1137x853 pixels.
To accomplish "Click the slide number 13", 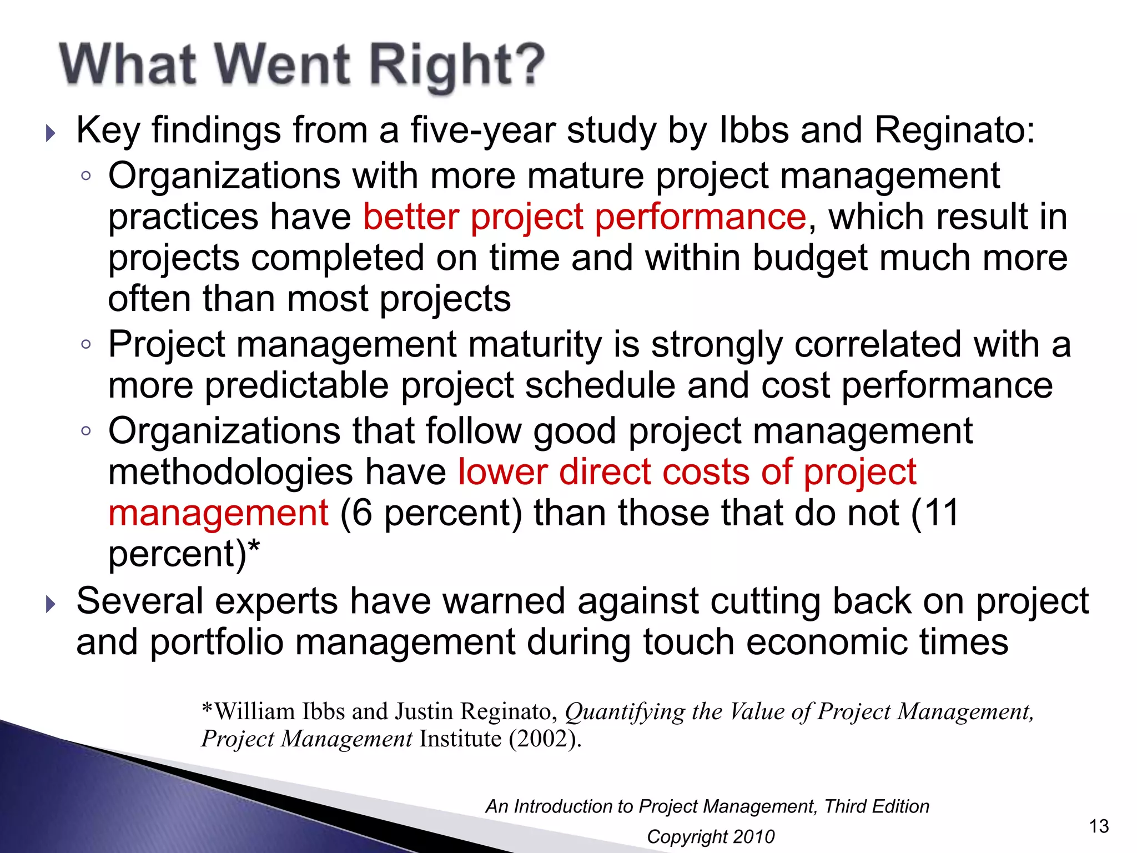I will coord(1099,826).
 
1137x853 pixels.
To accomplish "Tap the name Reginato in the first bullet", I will coord(954,131).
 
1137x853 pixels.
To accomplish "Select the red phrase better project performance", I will coord(584,217).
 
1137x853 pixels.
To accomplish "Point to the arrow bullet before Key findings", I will coord(51,133).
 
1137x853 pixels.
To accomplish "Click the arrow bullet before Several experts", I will coord(51,604).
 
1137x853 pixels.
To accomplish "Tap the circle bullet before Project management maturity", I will coord(85,344).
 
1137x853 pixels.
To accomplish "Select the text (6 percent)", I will coord(431,513).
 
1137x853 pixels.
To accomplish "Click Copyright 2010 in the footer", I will coord(711,836).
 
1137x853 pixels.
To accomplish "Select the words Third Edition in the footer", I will coord(877,806).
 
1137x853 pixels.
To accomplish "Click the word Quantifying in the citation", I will coord(625,712).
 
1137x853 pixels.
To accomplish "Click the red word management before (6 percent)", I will coord(218,513).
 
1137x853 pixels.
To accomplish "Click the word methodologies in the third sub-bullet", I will coord(230,472).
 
